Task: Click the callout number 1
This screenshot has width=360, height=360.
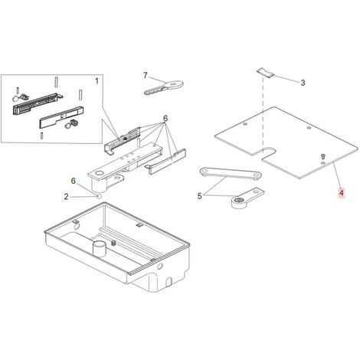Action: click(97, 81)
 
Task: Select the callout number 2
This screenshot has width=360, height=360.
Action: click(67, 197)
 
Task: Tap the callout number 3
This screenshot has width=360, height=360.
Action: click(303, 83)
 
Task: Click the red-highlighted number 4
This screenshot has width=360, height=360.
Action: click(342, 193)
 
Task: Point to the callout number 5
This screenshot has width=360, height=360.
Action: click(199, 196)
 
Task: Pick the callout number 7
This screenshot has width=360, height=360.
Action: click(146, 75)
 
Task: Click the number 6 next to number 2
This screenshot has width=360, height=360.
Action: click(74, 181)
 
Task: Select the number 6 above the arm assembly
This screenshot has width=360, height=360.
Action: click(165, 119)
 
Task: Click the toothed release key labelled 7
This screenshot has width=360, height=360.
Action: click(164, 87)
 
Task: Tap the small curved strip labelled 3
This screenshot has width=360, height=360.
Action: click(265, 73)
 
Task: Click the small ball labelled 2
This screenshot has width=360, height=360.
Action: click(99, 196)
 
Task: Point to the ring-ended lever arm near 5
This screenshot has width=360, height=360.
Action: click(247, 198)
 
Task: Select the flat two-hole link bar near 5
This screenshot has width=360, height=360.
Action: click(231, 173)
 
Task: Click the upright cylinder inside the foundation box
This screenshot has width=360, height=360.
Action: click(100, 248)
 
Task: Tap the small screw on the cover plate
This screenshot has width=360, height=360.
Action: click(323, 155)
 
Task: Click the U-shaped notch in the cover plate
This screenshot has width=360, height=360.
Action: click(267, 153)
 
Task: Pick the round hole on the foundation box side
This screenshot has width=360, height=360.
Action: click(160, 267)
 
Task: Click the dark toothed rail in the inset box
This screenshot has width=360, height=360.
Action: click(37, 103)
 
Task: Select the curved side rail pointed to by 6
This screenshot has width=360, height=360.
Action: click(165, 162)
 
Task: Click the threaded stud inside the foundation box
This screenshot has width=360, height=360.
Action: click(113, 243)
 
